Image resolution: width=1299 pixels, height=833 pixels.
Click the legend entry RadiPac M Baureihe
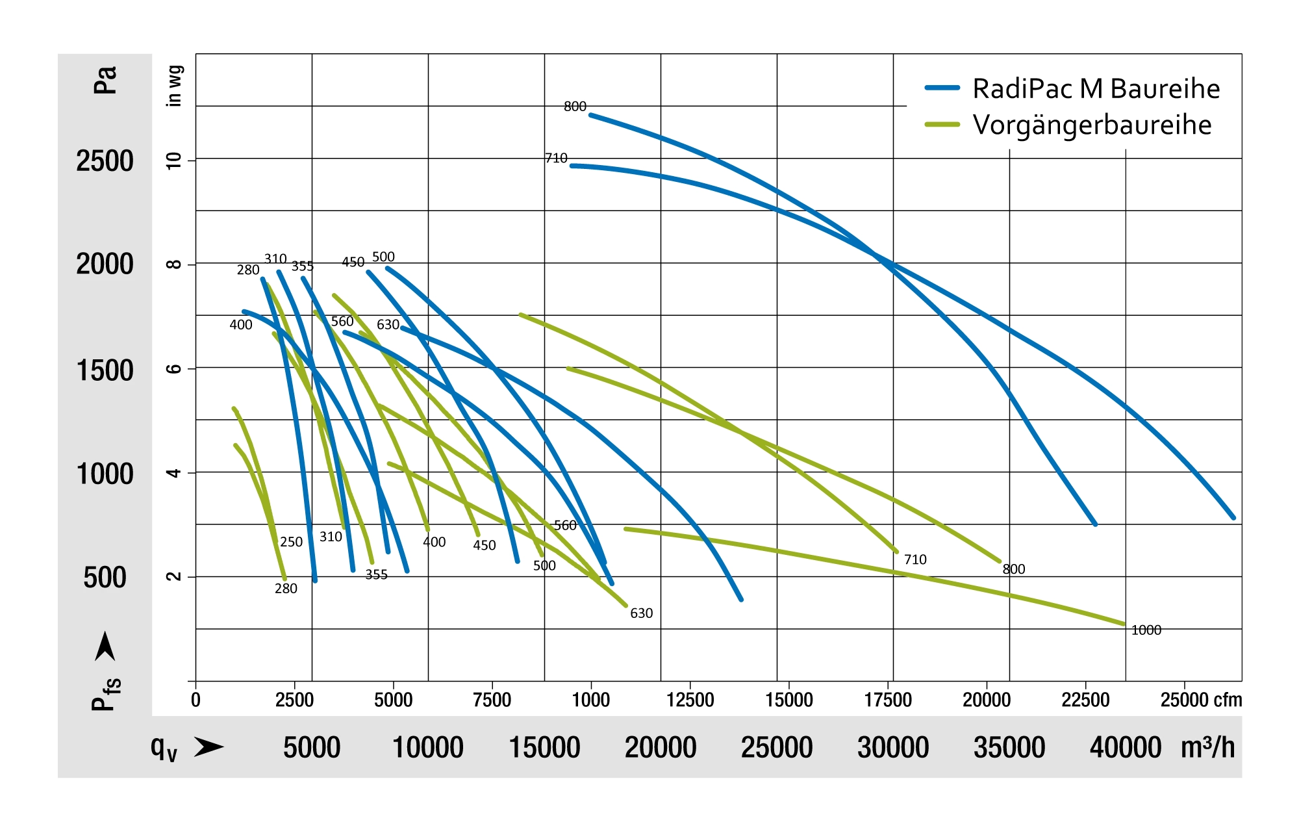point(1096,88)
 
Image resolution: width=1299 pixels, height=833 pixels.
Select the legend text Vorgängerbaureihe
point(1091,125)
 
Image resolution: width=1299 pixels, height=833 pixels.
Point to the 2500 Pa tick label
point(105,161)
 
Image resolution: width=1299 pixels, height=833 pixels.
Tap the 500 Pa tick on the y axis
point(105,578)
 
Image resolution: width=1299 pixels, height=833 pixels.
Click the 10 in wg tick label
point(174,160)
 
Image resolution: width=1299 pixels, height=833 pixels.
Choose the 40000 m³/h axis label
point(1125,747)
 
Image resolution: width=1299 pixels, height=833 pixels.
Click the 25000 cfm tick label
point(1200,700)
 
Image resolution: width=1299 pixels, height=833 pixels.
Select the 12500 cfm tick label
point(690,700)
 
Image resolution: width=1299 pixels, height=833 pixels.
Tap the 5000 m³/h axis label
point(312,747)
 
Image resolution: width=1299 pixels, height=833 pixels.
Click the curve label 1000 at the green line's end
point(1146,630)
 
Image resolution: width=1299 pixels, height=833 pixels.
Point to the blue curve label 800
point(575,107)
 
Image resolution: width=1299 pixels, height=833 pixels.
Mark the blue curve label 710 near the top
point(556,159)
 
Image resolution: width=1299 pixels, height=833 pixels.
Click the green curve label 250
point(291,542)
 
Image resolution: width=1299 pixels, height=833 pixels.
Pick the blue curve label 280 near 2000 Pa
point(248,270)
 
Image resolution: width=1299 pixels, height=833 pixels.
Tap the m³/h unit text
point(1207,747)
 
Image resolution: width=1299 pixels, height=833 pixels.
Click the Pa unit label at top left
point(105,80)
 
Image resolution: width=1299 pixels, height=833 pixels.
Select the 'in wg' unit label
point(174,86)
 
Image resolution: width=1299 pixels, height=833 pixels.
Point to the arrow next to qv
point(208,747)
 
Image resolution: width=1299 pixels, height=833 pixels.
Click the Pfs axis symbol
point(106,694)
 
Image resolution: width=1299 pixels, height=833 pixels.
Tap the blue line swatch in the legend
point(942,88)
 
